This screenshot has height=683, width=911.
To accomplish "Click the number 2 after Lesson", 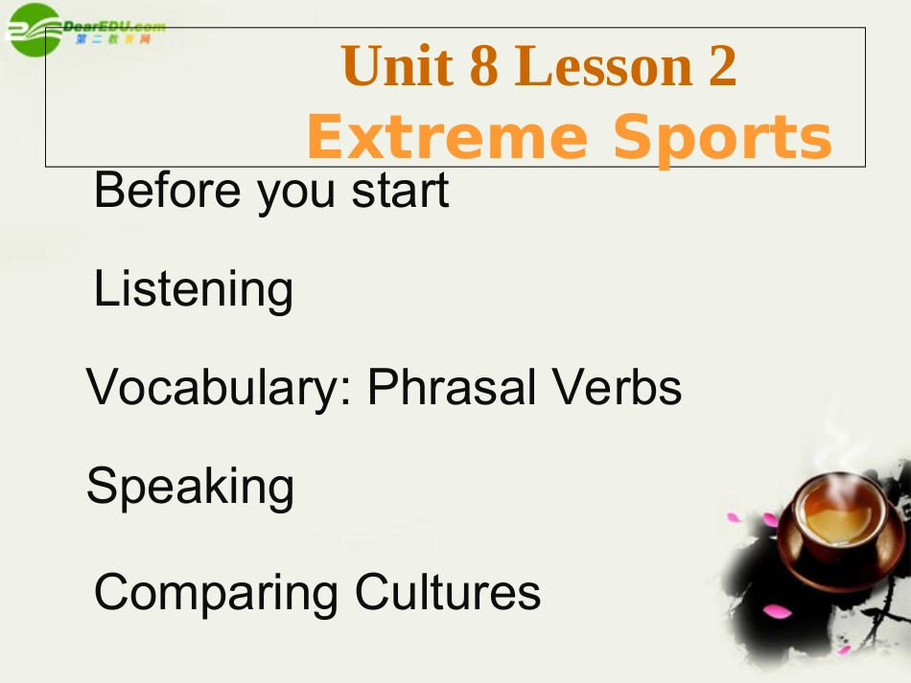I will coord(723,67).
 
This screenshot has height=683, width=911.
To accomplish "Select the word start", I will coord(400,191).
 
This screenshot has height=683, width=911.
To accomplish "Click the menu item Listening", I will coord(194,289).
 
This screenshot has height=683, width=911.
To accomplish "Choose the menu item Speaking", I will coord(190,488).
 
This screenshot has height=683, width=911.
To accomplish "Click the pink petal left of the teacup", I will coord(735,518).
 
